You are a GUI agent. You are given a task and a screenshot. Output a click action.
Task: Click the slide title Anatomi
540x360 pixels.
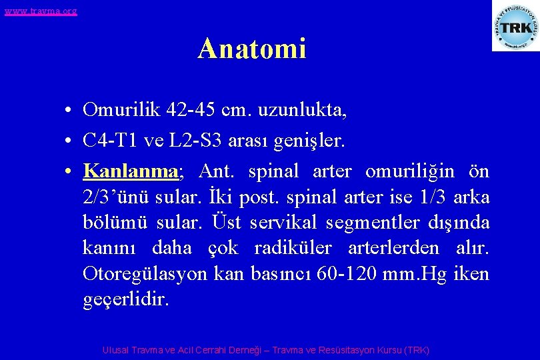pos(251,49)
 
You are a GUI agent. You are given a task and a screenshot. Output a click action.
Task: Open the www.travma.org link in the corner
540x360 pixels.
pos(41,11)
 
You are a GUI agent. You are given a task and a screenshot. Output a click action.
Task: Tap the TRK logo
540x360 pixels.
pos(515,27)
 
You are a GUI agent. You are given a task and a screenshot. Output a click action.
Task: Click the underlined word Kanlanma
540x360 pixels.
pos(130,171)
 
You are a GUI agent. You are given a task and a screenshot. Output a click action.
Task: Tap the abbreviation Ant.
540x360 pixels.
pos(217,171)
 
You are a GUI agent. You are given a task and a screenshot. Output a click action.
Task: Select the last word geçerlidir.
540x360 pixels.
pos(126,300)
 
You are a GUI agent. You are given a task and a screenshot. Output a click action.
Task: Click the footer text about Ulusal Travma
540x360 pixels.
pos(266,350)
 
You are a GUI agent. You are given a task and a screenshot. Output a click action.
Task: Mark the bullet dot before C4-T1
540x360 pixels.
pos(69,141)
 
